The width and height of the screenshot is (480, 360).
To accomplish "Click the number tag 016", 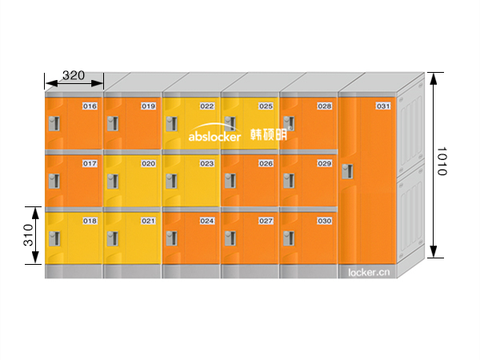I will [x=90, y=106].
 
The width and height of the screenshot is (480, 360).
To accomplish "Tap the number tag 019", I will [x=148, y=106].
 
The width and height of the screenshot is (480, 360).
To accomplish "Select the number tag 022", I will [x=207, y=106].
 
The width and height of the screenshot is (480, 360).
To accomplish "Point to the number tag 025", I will [x=266, y=106].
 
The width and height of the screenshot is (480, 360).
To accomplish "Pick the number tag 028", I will [x=324, y=106].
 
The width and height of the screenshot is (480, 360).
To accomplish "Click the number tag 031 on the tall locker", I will [x=383, y=106].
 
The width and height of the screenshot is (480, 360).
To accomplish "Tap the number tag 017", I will [x=90, y=163].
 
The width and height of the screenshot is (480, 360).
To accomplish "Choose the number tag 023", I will [x=207, y=163].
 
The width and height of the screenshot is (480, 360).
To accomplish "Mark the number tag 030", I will [x=324, y=220].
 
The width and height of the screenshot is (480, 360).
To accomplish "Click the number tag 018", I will [x=90, y=220].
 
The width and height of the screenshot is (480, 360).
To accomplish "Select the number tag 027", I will [x=266, y=220].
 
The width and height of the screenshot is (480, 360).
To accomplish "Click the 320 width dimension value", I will [x=73, y=75].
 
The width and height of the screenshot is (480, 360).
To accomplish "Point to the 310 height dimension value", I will [x=27, y=234].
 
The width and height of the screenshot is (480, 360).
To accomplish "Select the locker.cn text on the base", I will [x=369, y=272].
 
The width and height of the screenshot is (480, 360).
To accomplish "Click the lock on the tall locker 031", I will [x=347, y=172].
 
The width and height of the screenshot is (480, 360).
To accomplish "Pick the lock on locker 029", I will [x=289, y=180].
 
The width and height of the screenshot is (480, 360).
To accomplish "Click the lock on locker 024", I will [x=171, y=238].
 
